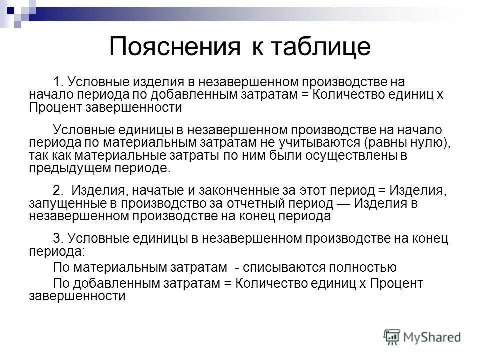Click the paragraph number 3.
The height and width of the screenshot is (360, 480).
[x=57, y=239]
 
